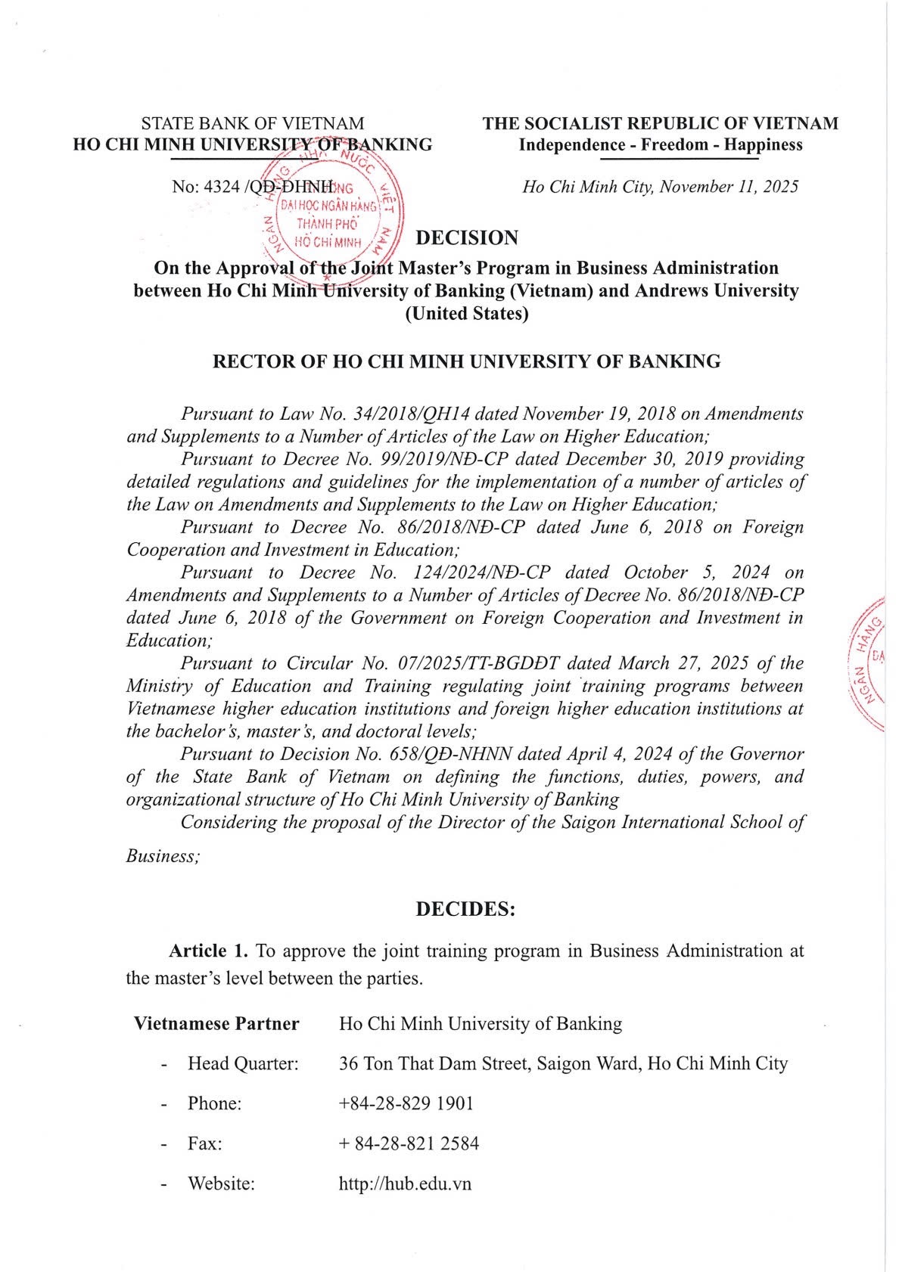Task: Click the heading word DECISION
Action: tap(467, 238)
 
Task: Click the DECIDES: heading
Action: tap(465, 909)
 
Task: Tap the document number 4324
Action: tap(222, 187)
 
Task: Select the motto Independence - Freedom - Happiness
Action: tap(660, 144)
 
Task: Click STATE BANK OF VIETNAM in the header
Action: tap(253, 123)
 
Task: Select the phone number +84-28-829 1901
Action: tap(406, 1103)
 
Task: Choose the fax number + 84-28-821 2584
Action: tap(409, 1143)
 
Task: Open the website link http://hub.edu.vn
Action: tap(405, 1184)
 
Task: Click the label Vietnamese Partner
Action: tap(216, 1024)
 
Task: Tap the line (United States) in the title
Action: tap(466, 313)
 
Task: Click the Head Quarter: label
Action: tap(243, 1063)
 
